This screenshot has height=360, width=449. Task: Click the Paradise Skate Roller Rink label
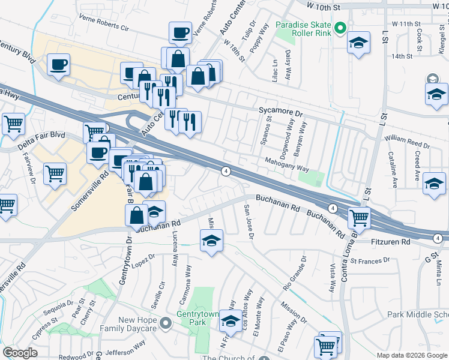303,29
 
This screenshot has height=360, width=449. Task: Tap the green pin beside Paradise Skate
340,28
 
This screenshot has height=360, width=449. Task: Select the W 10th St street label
327,5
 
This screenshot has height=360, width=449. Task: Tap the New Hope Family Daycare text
141,325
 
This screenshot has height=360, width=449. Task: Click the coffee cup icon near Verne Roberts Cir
179,32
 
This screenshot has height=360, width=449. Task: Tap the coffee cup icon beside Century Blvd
58,65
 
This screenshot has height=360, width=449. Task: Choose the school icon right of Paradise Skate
358,43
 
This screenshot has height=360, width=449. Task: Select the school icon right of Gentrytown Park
231,321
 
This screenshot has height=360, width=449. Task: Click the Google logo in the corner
20,353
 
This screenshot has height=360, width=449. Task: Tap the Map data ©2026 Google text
411,355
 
